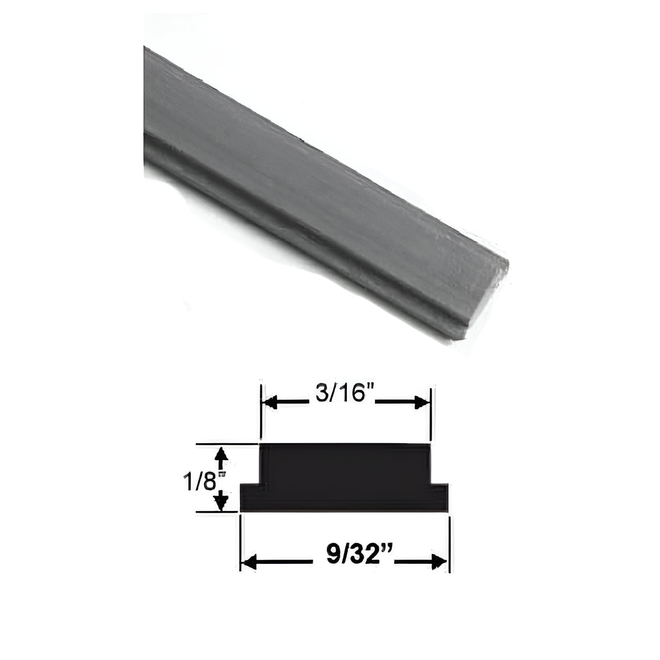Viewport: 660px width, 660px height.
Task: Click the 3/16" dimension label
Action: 341,393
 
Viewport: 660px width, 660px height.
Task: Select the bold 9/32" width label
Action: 354,555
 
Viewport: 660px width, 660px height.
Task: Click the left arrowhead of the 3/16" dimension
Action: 271,403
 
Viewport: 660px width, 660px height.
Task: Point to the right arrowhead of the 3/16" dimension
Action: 422,403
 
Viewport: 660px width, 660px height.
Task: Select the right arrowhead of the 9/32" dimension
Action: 440,562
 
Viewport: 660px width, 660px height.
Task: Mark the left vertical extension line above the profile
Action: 261,412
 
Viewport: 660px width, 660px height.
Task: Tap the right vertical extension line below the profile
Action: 449,542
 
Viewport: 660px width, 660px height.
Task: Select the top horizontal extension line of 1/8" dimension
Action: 226,444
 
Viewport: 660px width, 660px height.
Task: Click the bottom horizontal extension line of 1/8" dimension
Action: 217,511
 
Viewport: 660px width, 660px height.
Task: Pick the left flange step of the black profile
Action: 250,497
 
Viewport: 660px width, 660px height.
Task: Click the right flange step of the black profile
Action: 439,497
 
